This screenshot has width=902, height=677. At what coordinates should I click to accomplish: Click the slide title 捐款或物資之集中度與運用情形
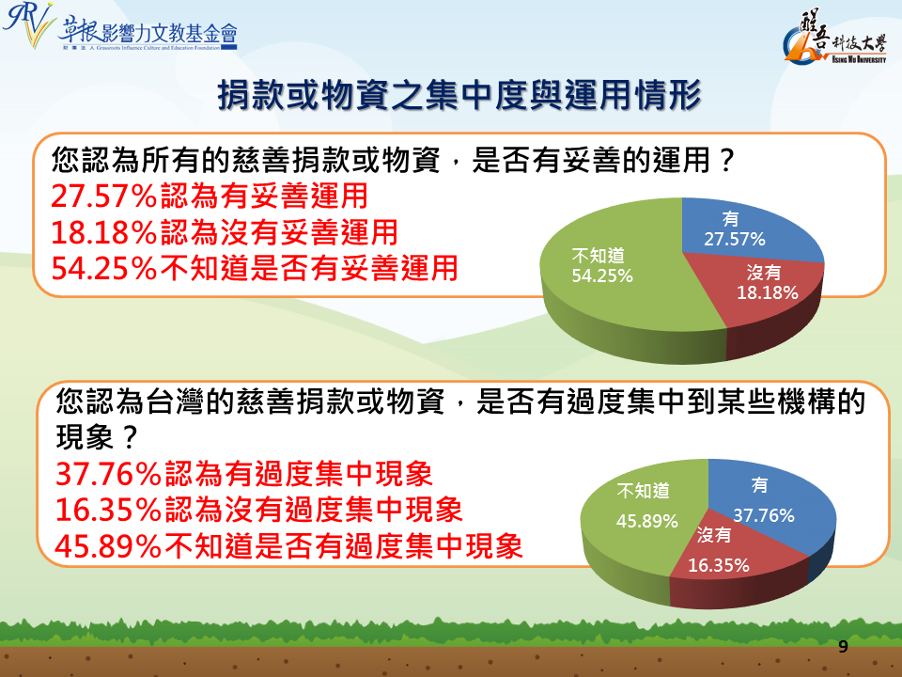pos(459,94)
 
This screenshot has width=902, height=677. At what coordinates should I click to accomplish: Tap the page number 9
pos(843,647)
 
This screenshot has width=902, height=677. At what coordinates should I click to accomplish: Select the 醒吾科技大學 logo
pos(835,37)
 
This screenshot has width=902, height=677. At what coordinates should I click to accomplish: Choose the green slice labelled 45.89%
pos(639,518)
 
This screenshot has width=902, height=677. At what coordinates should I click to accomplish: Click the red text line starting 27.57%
pos(210,196)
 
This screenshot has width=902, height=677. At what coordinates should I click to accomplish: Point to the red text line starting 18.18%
pos(225,232)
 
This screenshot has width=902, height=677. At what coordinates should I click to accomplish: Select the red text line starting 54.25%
pos(255,268)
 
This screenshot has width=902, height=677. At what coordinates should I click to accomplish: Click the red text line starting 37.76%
pos(244,474)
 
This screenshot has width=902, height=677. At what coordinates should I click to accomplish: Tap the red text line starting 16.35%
pos(259,510)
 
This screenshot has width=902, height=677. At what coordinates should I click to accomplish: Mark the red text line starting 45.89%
pos(288,545)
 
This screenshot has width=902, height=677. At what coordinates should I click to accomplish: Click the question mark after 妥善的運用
pos(726,160)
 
